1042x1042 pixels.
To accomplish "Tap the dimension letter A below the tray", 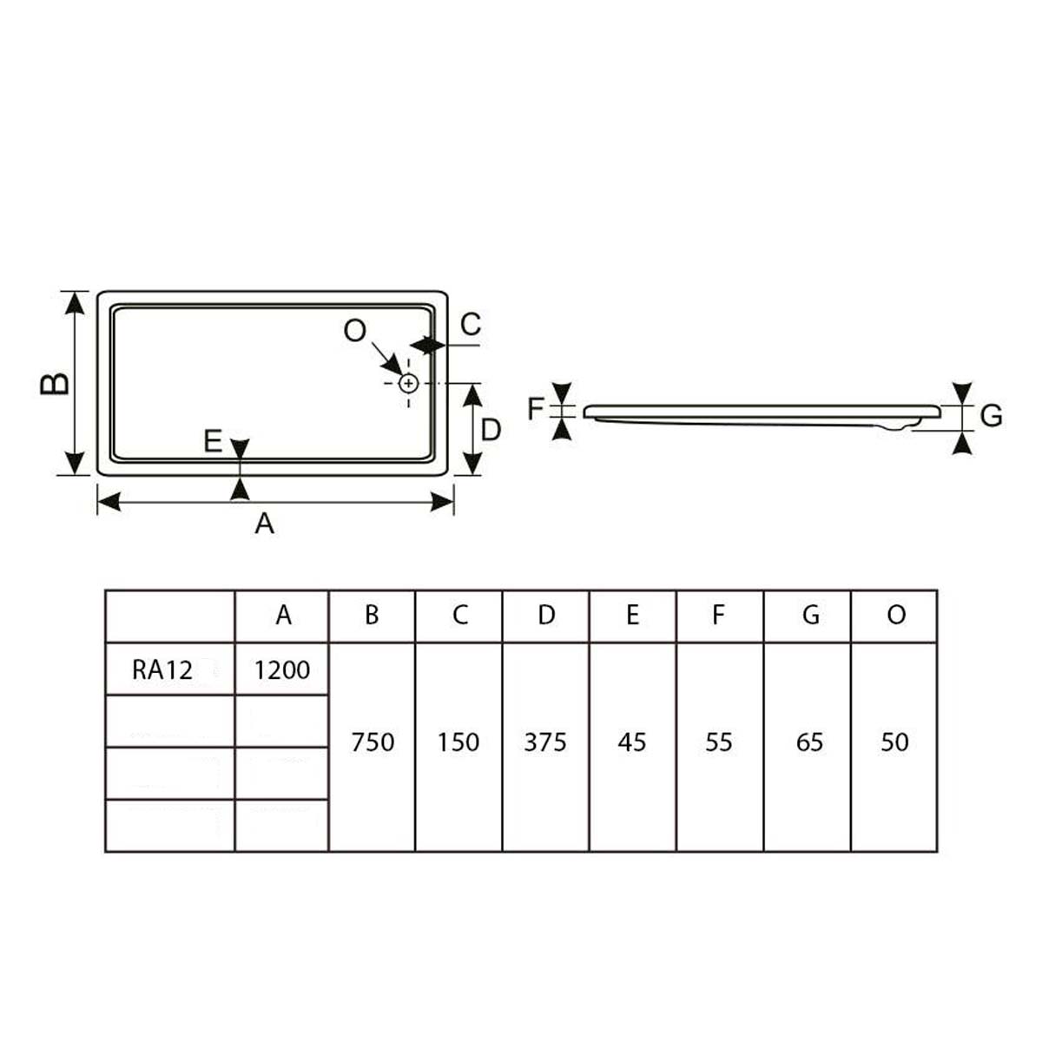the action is (x=265, y=524).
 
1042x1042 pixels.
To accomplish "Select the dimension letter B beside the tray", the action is (x=55, y=384).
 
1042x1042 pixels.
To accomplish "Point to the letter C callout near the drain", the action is (x=471, y=325).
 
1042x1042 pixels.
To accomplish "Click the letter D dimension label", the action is (x=491, y=431).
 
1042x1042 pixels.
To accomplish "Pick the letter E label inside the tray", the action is (x=213, y=441).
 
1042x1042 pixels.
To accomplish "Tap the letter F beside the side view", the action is (x=535, y=409).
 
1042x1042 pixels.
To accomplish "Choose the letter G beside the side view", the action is (x=992, y=416).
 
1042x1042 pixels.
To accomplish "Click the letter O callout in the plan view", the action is (x=355, y=330).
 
